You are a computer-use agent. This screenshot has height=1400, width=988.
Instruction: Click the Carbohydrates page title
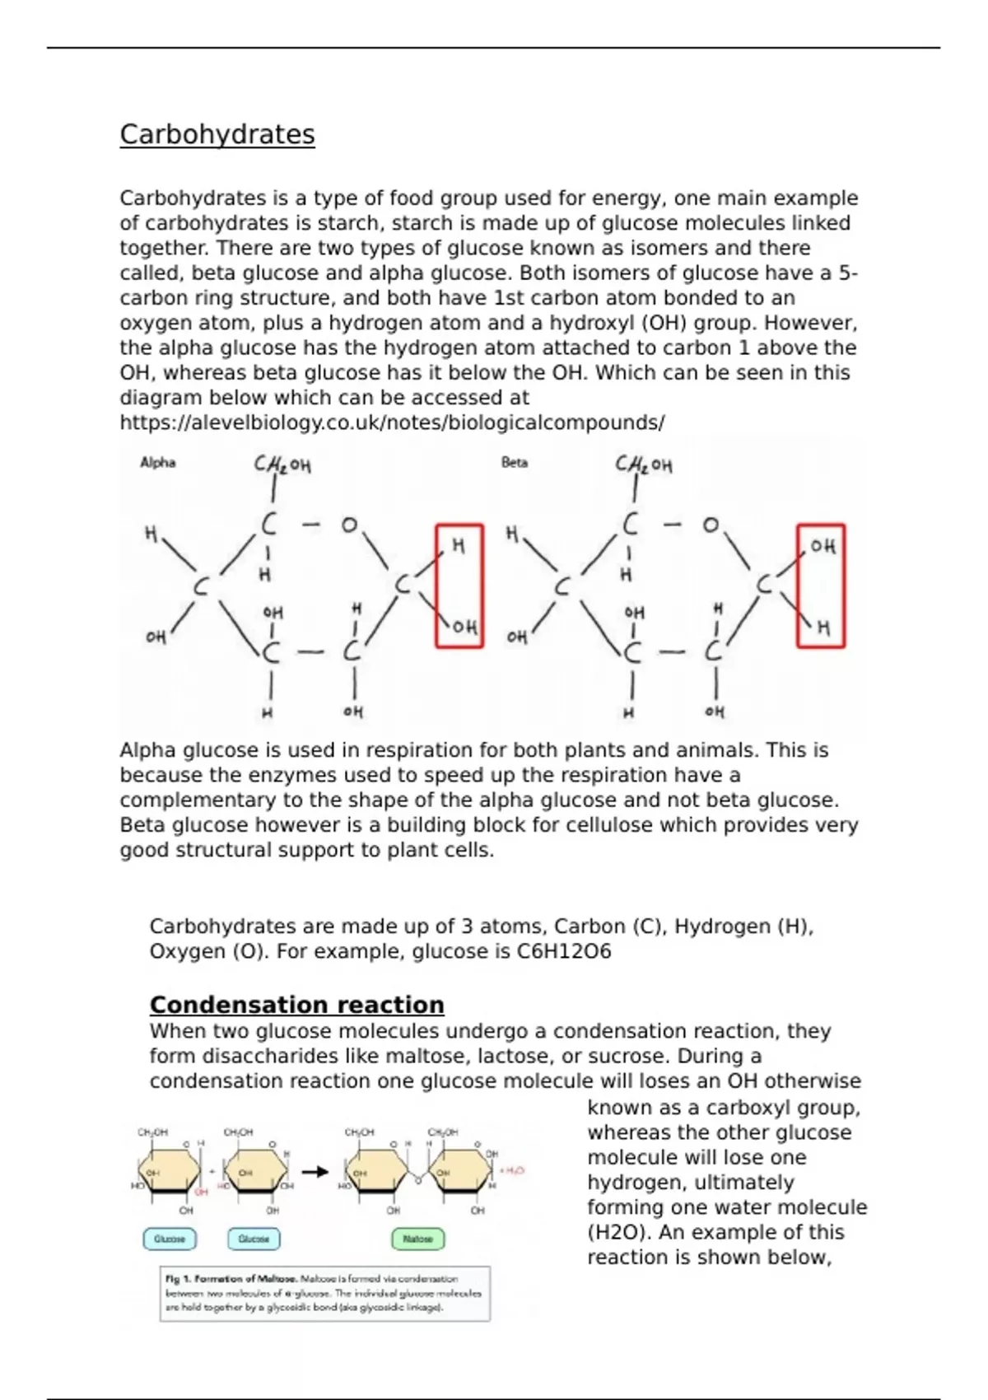pos(217,134)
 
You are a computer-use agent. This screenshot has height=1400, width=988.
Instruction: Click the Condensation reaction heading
pos(296,1005)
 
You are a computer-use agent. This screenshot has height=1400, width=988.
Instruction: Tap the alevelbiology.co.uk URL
pos(392,423)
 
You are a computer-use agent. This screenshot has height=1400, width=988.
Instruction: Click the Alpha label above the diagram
pos(158,463)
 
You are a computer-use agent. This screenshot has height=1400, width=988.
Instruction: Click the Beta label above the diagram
pos(515,463)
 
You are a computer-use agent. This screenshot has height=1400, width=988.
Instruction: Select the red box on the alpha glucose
pos(459,586)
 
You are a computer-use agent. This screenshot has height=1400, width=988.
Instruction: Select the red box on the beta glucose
pos(821,586)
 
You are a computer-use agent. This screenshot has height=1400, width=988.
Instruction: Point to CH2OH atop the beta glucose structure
pos(644,465)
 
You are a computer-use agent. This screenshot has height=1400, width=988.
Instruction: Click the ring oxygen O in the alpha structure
pos(350,525)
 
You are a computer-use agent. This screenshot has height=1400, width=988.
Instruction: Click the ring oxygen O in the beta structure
pos(711,525)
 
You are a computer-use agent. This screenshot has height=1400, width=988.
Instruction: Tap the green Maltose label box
pos(417,1239)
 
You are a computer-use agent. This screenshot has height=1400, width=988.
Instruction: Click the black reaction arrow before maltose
pos(315,1172)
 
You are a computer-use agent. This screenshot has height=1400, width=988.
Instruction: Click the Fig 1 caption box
pos(325,1293)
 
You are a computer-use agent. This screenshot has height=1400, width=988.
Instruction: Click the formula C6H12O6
pos(564,952)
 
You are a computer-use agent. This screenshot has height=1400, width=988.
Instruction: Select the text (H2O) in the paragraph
pos(617,1233)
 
